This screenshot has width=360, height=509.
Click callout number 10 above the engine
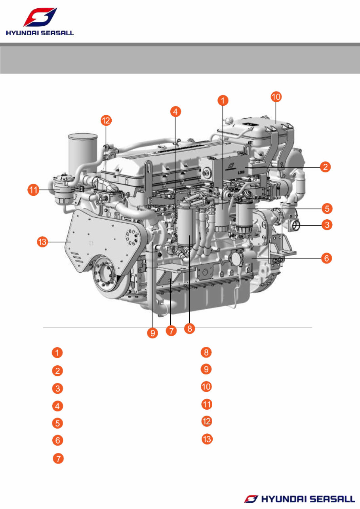[276, 97]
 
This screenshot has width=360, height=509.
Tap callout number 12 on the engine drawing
[106, 120]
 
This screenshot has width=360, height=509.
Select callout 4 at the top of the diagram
[175, 112]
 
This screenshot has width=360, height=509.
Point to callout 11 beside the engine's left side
[33, 190]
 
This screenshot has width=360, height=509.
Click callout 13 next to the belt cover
[42, 242]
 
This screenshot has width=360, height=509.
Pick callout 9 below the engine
[152, 333]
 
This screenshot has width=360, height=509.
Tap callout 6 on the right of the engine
[327, 258]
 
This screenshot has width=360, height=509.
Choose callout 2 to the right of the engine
[326, 167]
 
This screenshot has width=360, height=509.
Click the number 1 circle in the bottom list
[57, 353]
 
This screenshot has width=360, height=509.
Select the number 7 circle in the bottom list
[59, 458]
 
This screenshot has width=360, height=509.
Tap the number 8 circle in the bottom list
[206, 352]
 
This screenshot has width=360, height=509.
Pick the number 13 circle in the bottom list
[207, 439]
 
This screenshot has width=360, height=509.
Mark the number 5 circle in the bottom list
[57, 424]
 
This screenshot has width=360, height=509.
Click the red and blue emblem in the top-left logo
[40, 17]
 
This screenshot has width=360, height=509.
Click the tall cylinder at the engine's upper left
[83, 153]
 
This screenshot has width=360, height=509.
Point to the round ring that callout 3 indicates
[296, 226]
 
